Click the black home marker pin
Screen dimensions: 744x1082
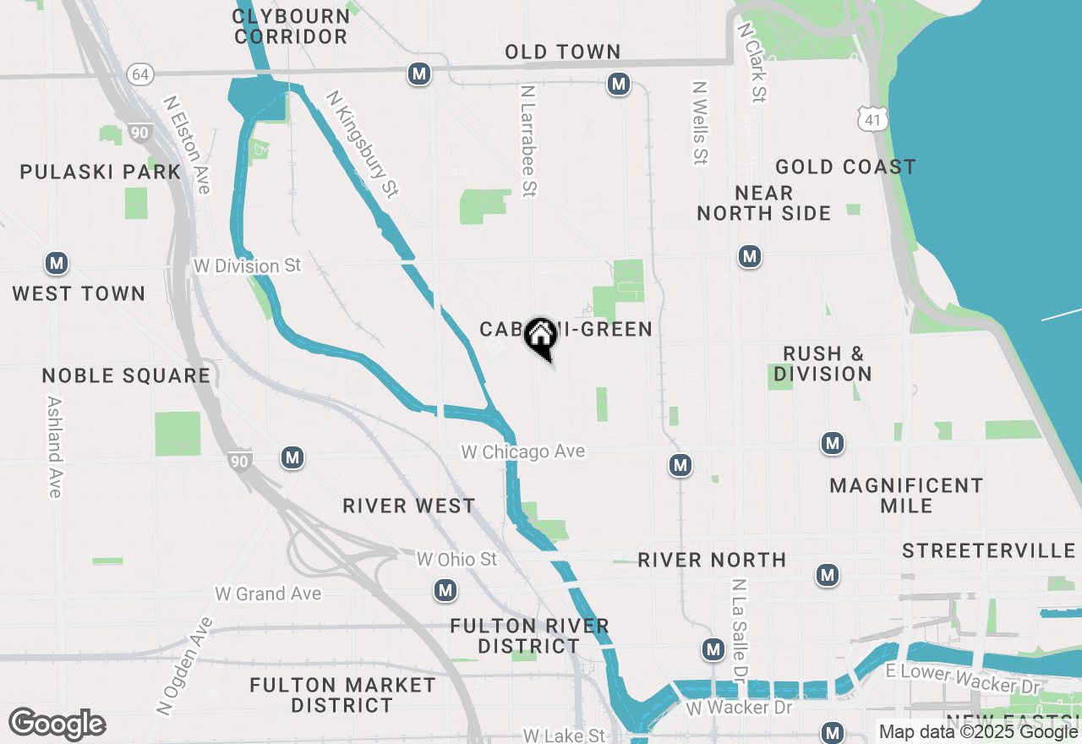(539, 337)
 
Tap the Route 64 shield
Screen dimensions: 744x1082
(140, 74)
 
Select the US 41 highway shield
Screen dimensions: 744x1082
(872, 120)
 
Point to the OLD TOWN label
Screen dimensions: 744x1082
(563, 52)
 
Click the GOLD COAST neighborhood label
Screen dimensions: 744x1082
(845, 167)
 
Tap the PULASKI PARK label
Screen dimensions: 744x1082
(101, 172)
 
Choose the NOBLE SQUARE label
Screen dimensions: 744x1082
(126, 376)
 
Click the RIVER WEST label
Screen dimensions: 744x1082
(409, 506)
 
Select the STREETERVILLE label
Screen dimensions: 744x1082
(988, 551)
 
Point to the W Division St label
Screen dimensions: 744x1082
(247, 265)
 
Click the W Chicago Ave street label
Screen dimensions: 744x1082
(522, 452)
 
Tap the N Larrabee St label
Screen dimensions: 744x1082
(529, 140)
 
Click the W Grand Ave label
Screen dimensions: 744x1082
(267, 594)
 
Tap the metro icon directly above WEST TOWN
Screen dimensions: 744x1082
(57, 264)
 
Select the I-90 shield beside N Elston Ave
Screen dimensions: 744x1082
(139, 132)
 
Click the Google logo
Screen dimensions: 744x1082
(57, 725)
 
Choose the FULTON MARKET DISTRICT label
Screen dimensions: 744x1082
(342, 695)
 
